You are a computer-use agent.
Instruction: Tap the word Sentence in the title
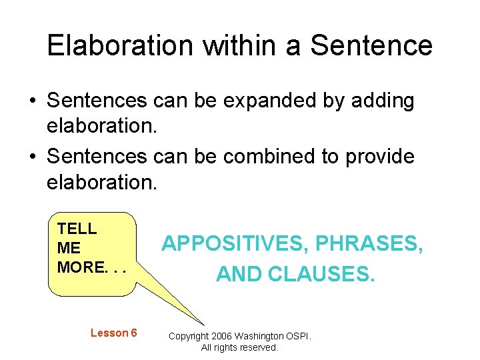[371, 45]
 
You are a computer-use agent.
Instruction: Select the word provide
[379, 157]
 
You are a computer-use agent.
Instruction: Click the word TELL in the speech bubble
[77, 229]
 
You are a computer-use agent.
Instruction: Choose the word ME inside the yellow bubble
[69, 248]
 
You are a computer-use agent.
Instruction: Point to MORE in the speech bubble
[81, 267]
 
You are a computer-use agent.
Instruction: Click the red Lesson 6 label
[113, 333]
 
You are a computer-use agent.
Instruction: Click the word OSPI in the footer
[297, 336]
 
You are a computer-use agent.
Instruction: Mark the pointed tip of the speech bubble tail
[204, 324]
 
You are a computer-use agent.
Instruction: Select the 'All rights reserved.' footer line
[240, 347]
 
